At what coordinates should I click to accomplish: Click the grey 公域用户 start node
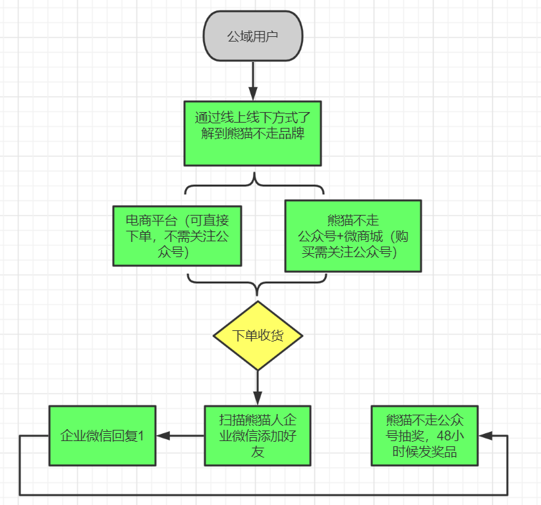253,36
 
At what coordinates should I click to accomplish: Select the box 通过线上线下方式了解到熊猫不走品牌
252,134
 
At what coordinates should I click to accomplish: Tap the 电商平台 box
177,236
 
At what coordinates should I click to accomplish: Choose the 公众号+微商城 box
353,236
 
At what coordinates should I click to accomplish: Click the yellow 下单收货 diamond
258,336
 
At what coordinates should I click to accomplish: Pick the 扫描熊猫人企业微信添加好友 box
258,436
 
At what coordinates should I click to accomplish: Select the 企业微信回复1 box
103,436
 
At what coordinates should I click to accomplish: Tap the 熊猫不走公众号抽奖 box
424,436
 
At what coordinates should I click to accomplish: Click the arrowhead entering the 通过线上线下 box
253,94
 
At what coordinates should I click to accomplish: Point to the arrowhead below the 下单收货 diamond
258,398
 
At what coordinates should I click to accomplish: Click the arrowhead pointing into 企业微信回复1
163,436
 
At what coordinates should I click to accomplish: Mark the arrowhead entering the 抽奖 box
485,436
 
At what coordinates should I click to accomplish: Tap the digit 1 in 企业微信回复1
140,436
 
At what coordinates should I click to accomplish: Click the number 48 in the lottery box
443,436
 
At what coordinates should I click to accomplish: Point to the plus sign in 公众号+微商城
340,237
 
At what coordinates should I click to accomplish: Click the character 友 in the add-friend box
258,452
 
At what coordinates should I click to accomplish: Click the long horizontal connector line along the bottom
264,495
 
